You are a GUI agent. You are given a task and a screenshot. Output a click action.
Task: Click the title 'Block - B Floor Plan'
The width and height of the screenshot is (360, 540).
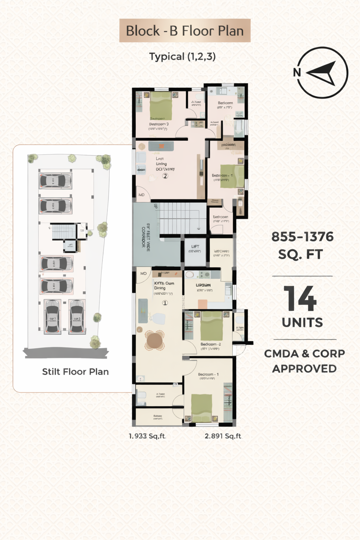point(185,31)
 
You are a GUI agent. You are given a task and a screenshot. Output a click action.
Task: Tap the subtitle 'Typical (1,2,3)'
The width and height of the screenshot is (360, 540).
point(182,57)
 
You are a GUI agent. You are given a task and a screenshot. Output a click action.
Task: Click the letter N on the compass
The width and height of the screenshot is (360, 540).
point(297,72)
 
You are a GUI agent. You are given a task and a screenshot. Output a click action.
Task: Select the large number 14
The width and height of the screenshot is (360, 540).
point(300,298)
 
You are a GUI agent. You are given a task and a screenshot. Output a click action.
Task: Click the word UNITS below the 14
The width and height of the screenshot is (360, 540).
point(302,322)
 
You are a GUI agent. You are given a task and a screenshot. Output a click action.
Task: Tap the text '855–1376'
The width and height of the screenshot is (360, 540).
point(302,237)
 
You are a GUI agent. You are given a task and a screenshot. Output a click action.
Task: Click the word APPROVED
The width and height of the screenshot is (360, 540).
point(304,368)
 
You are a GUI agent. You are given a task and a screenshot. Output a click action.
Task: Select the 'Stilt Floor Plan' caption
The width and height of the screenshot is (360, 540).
point(75,372)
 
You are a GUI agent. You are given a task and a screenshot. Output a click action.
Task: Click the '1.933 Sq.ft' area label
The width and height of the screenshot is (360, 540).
point(147,436)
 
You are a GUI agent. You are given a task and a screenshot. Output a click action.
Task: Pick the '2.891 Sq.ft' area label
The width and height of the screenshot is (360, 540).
point(223,436)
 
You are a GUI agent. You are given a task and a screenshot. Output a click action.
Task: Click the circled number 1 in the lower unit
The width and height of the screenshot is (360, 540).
point(165,303)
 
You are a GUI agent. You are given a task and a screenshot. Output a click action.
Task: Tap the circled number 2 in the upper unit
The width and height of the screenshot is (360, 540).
point(165,176)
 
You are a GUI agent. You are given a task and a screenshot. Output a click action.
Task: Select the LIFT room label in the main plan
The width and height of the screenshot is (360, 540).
point(195,246)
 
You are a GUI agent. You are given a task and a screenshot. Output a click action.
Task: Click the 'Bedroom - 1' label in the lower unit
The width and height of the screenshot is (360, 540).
point(208,374)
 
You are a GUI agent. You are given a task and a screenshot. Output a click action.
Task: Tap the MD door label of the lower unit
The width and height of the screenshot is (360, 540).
point(143,274)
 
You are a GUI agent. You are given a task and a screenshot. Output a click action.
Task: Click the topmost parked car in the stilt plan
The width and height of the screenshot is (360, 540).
point(55,181)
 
